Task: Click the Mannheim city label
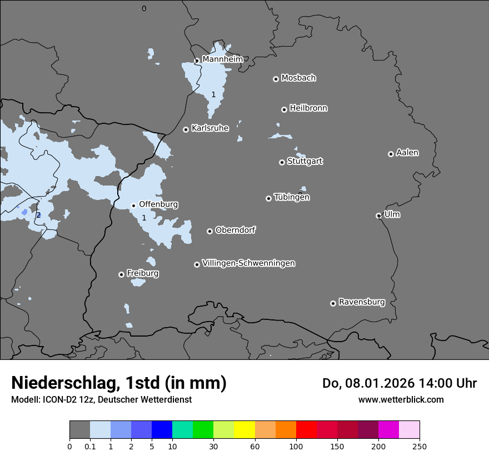222,59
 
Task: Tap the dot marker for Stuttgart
282,162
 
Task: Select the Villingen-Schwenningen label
248,263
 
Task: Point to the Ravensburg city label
362,302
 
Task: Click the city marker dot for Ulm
378,216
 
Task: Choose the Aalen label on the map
407,153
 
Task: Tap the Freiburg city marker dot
121,274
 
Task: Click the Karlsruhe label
210,128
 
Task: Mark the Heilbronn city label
308,108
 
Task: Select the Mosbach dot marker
276,79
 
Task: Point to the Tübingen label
292,197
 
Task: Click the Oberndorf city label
235,230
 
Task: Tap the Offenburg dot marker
133,206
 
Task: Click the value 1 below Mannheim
213,95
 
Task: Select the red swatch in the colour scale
306,430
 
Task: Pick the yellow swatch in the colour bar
244,430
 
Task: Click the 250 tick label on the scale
420,445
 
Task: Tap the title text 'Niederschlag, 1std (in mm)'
119,383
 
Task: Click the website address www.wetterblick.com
401,399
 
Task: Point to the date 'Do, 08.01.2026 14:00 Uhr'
399,383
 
